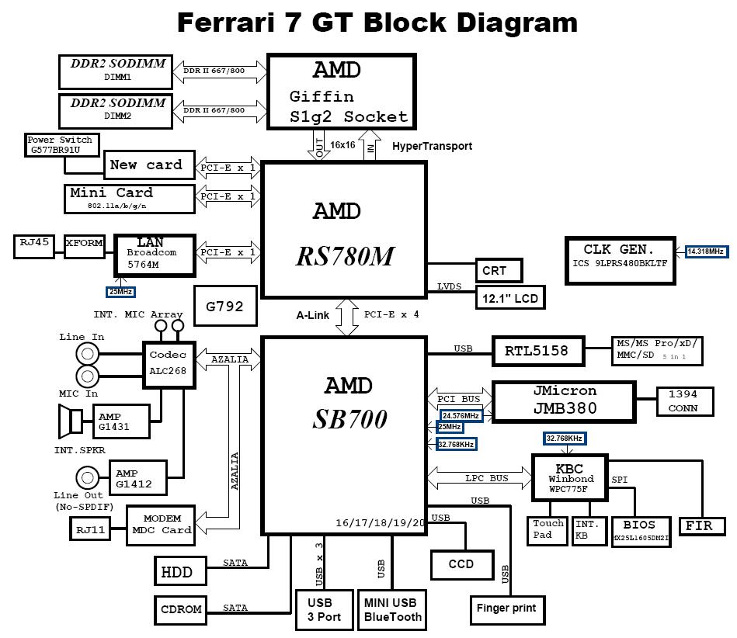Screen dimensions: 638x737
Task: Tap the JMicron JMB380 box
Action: [565, 400]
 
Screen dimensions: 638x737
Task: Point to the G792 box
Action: [224, 306]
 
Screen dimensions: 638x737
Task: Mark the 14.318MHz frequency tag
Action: [705, 251]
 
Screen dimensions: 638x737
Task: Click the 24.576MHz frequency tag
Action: [461, 416]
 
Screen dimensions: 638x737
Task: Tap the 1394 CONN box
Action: [683, 401]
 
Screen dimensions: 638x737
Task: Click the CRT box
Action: [498, 271]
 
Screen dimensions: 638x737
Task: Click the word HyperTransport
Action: [432, 146]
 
